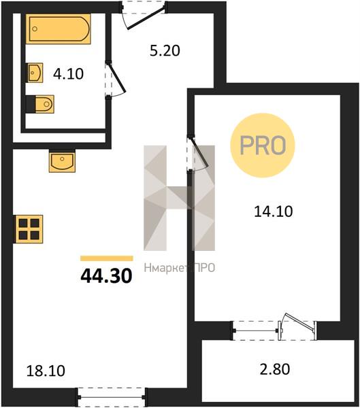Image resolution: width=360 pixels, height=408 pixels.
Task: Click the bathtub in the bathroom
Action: pos(58,29)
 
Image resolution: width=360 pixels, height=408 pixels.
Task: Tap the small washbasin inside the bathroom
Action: pos(35,73)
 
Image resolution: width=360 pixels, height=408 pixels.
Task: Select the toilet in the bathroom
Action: pos(40,104)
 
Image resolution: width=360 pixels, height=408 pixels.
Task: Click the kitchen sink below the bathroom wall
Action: pos(62,161)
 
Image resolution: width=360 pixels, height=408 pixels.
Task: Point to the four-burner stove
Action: pos(29,229)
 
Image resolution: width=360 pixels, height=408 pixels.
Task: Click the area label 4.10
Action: pos(68,74)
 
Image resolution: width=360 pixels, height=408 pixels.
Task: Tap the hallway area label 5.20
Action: pos(165,50)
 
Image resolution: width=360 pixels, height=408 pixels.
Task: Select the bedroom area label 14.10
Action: pos(274,211)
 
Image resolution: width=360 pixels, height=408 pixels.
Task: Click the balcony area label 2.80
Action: pos(275,369)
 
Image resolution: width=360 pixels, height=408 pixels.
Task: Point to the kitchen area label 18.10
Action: pos(46,371)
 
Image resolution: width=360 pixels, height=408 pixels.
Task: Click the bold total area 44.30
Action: pos(107,276)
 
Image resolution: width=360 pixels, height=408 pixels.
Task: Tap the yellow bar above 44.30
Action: pos(107,258)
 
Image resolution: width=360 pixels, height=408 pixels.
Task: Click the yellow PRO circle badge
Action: pos(263,146)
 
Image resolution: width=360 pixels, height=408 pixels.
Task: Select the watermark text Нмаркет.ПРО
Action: pos(180,268)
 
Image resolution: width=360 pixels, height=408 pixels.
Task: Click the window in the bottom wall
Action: pos(112,397)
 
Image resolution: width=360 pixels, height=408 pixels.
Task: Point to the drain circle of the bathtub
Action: pos(35,29)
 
